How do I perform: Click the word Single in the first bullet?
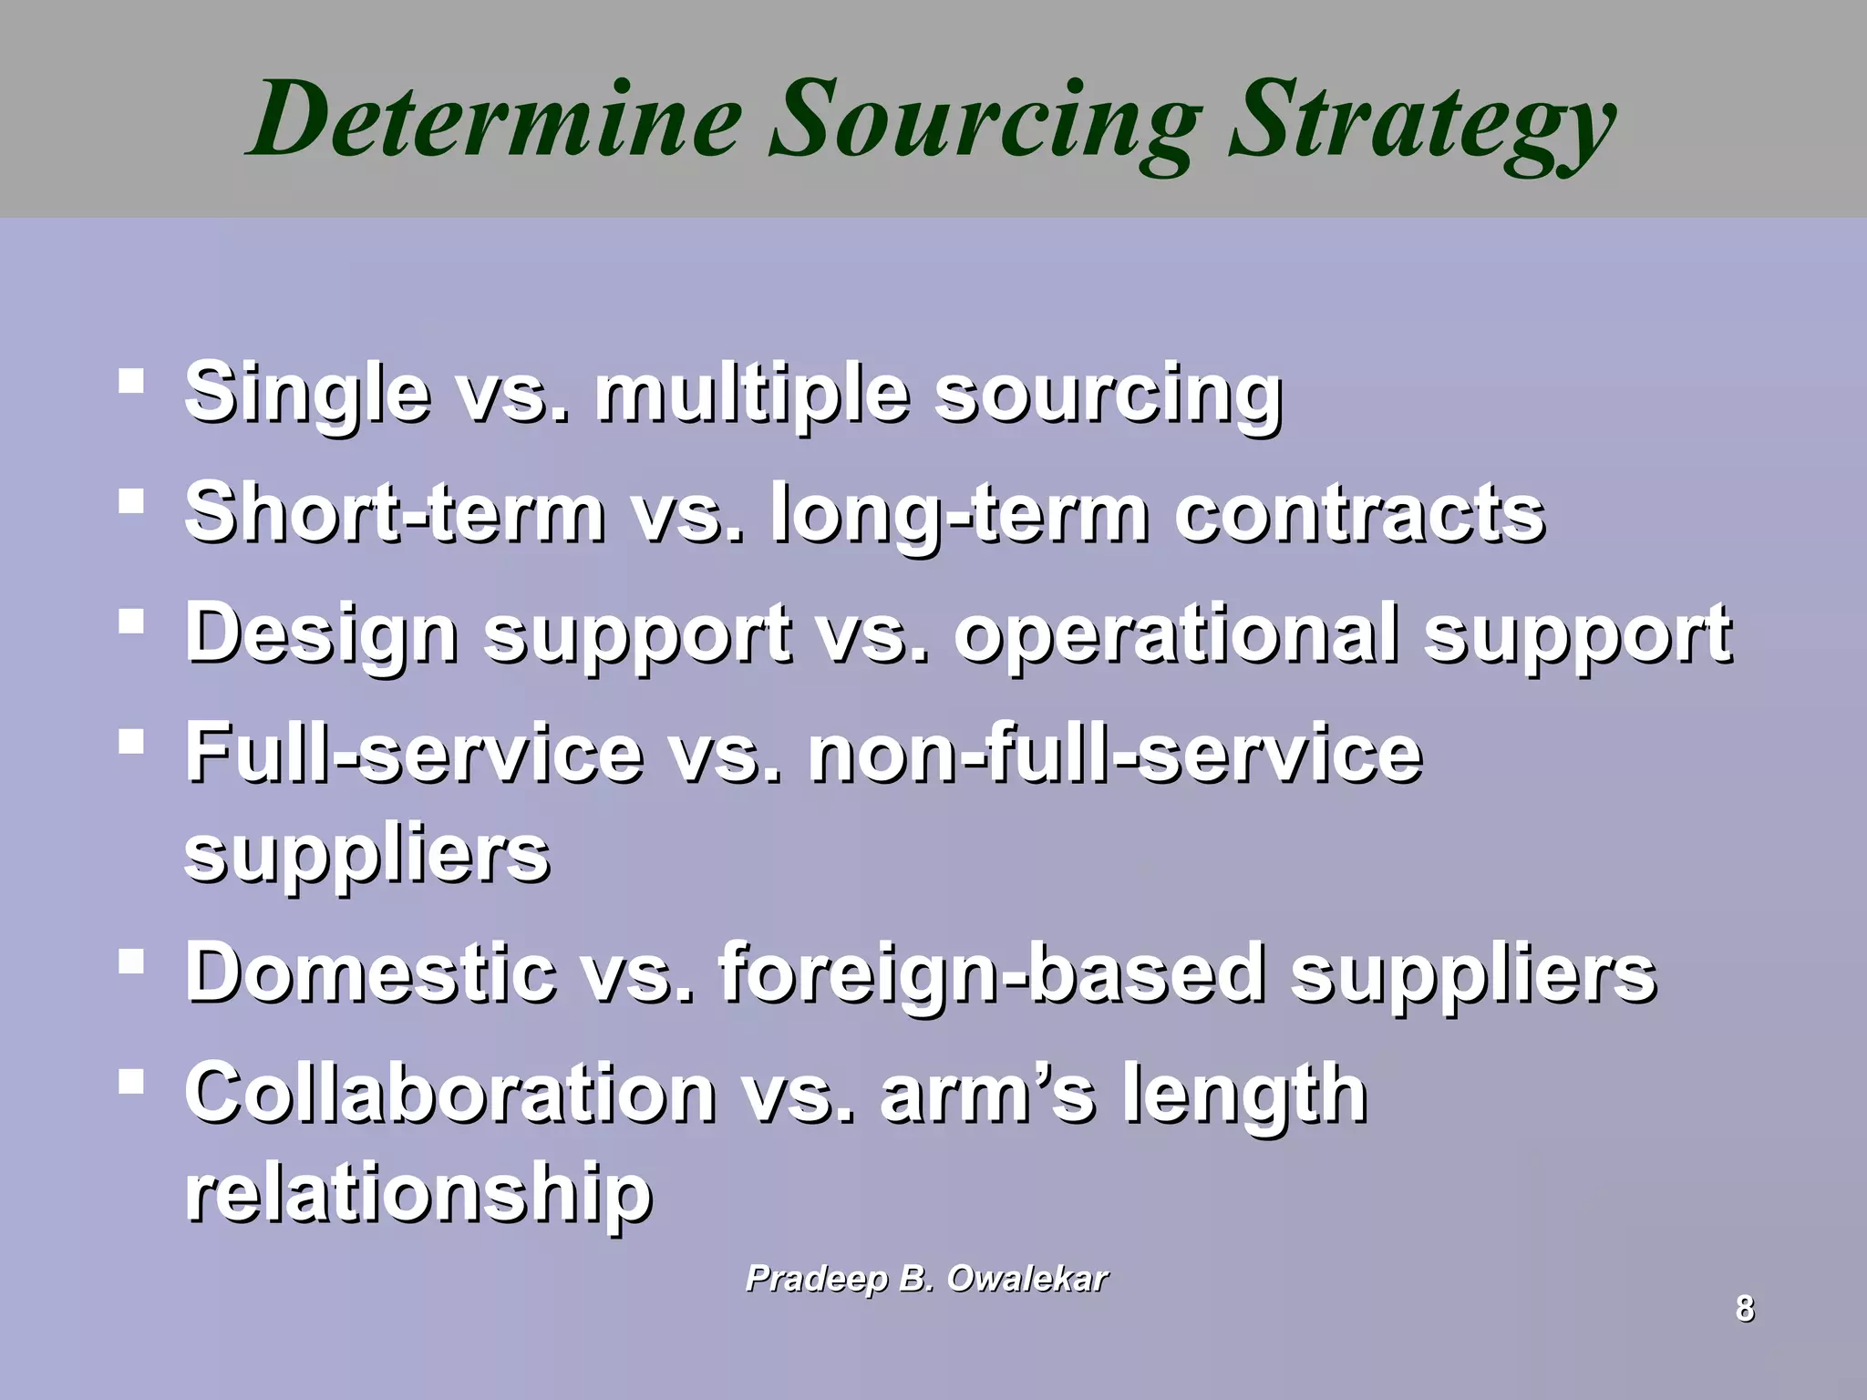[306, 394]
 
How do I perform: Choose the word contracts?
[1358, 512]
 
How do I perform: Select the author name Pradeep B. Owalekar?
[926, 1279]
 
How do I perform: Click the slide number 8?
[1744, 1309]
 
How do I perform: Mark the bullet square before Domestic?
[131, 962]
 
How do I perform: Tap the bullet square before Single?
[131, 380]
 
